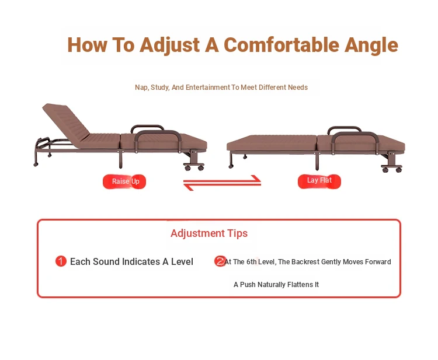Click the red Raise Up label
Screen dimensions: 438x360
tap(124, 181)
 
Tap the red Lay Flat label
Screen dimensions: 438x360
tap(319, 181)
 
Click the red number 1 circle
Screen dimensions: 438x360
tap(61, 261)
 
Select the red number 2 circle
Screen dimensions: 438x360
tap(220, 261)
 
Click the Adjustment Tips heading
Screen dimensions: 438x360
tap(209, 233)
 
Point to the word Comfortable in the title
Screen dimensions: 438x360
tap(281, 45)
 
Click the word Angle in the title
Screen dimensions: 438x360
tap(371, 46)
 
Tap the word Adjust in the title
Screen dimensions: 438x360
tap(169, 46)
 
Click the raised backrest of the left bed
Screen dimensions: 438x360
tap(66, 121)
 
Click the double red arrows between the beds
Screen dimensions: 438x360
tap(222, 183)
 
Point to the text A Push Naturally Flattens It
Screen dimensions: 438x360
tap(276, 284)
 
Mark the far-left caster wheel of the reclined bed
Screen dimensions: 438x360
tap(36, 165)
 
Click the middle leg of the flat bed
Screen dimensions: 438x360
tap(317, 160)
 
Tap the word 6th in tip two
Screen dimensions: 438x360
tap(251, 262)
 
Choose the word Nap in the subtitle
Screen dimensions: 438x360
tap(141, 88)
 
